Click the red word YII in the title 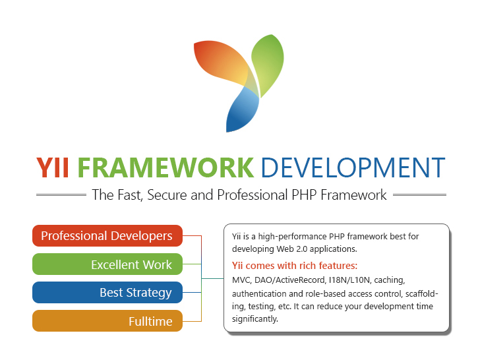[54, 167]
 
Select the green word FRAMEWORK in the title [165, 167]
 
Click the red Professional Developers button [107, 235]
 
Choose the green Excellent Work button [107, 264]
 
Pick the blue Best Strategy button [107, 292]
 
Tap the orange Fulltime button [107, 321]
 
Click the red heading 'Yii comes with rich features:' [295, 266]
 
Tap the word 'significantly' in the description [255, 319]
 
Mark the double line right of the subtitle [419, 195]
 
